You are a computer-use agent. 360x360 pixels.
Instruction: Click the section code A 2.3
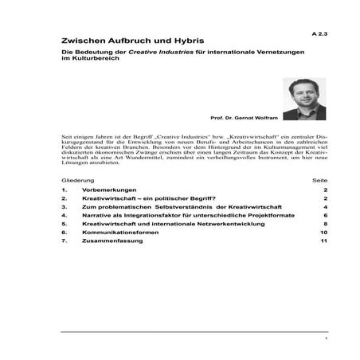point(319,36)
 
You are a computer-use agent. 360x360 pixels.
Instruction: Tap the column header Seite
point(320,182)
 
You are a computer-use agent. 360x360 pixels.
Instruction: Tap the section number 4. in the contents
point(64,215)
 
